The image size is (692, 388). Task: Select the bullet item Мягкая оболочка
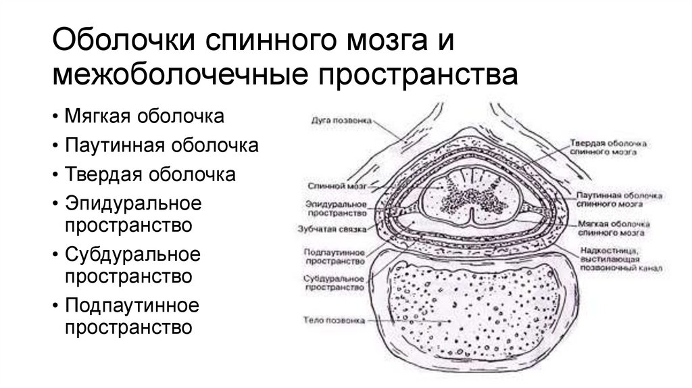pyautogui.click(x=145, y=116)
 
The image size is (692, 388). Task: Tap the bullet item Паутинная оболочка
pyautogui.click(x=161, y=145)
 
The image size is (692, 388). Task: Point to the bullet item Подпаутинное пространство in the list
pyautogui.click(x=132, y=316)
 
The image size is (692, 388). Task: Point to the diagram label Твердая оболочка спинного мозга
pyautogui.click(x=609, y=149)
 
